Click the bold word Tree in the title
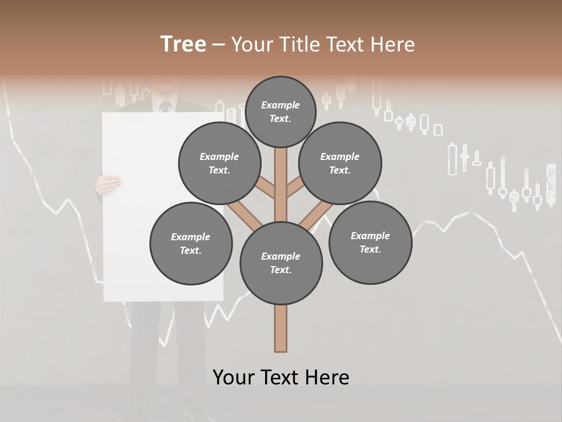183,45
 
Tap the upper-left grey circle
220,163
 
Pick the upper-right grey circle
340,163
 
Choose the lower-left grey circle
191,243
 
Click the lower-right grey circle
370,242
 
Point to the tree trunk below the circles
281,328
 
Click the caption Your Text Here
281,377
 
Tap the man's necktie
166,106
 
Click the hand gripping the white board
108,185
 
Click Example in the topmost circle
280,105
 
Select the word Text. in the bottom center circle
280,270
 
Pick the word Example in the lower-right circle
370,236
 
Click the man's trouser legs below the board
167,352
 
